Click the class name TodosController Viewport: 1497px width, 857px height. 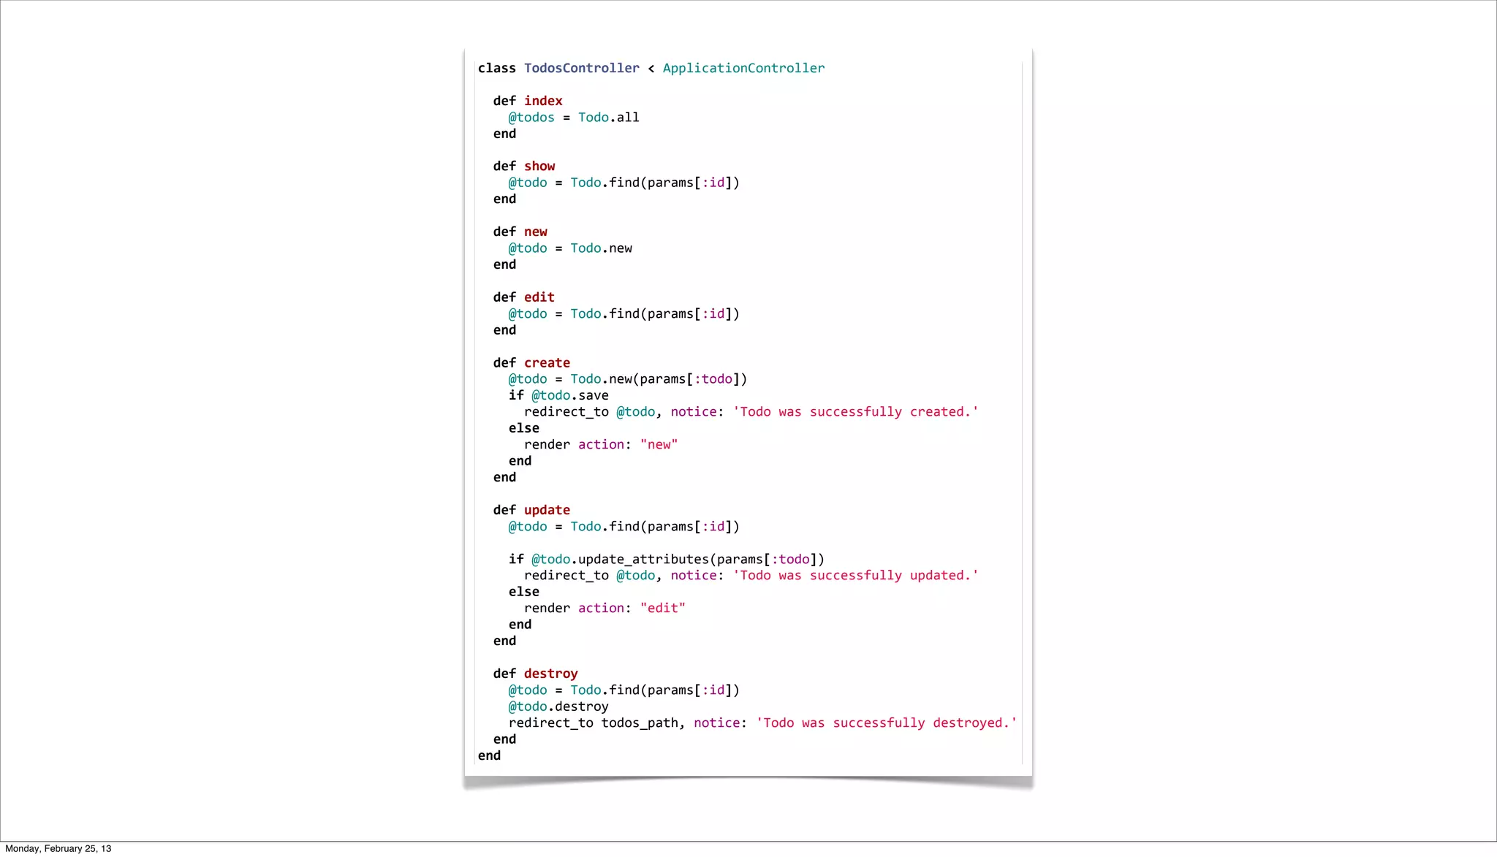coord(581,68)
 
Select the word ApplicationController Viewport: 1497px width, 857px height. coord(743,68)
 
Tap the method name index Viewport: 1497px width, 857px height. coord(543,101)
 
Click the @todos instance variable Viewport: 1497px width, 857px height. coord(531,118)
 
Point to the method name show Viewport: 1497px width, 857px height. coord(539,167)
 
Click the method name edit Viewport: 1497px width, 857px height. coord(539,297)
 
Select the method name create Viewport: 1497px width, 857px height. coord(547,363)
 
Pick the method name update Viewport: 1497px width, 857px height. coord(547,510)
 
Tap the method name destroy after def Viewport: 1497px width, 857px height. coord(550,674)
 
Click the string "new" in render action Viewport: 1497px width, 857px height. coord(659,445)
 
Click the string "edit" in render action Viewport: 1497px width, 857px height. coord(662,608)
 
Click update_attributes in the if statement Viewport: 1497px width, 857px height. coord(643,560)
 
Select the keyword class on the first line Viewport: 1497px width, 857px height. coord(497,68)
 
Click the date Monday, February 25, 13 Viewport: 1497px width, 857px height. coord(58,849)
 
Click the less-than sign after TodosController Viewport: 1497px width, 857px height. coord(651,69)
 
